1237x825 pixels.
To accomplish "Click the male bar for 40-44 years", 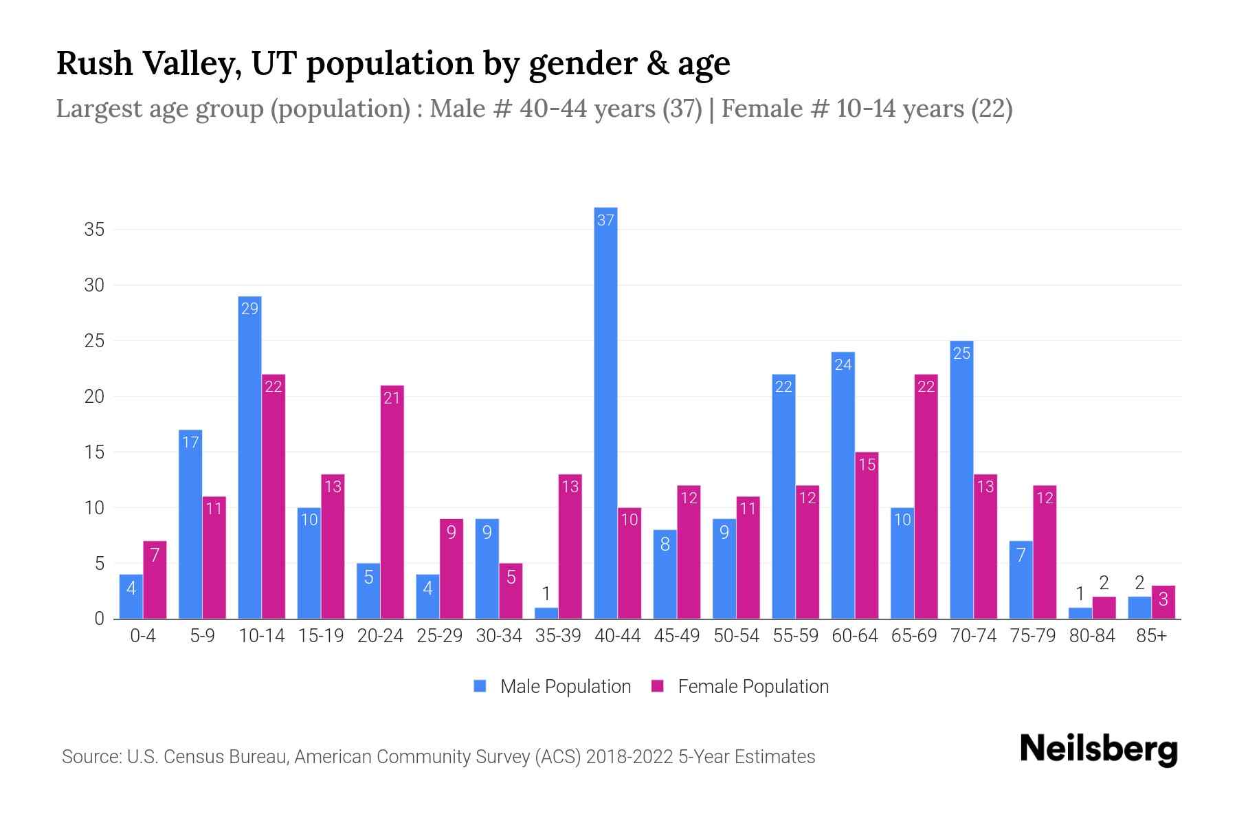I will click(x=605, y=412).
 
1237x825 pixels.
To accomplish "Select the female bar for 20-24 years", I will click(x=392, y=502).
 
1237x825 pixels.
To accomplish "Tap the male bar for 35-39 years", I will click(x=546, y=613).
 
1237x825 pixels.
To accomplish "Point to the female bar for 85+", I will click(x=1163, y=602).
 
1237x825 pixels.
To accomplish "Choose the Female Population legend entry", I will click(x=740, y=686).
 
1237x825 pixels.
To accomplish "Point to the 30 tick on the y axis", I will click(x=94, y=285).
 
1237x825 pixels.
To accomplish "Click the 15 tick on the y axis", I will click(x=94, y=452).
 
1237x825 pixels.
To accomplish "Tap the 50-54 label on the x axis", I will click(x=736, y=636).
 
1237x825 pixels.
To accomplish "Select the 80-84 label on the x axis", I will click(x=1092, y=636).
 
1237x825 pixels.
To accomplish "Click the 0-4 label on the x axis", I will click(x=143, y=636).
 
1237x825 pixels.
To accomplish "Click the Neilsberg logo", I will click(x=1098, y=749).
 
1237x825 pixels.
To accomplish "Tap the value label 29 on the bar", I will click(x=249, y=309).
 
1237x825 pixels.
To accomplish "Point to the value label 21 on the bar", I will click(x=392, y=397).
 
